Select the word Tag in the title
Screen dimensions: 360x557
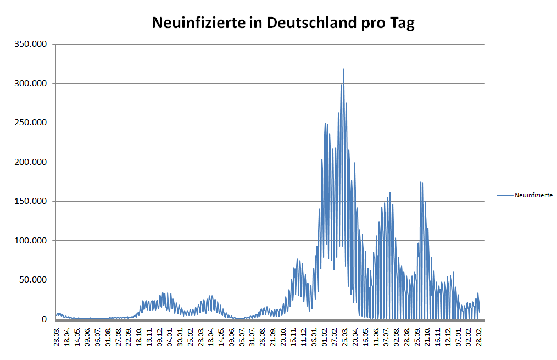coord(403,24)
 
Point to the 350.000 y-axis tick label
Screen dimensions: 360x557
coord(32,44)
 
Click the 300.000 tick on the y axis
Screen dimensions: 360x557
coord(32,84)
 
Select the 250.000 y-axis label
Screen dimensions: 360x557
coord(32,123)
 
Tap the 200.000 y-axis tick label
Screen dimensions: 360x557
coord(32,162)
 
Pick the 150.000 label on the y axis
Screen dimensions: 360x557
coord(32,201)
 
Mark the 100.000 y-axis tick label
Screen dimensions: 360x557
coord(32,241)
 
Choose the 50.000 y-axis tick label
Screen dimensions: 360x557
coord(34,280)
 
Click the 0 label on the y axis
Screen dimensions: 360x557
coord(46,319)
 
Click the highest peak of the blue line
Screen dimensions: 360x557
coord(344,69)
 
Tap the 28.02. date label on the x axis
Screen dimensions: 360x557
coord(480,336)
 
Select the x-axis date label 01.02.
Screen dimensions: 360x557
coord(325,336)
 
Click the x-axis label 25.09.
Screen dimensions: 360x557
coord(417,336)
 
